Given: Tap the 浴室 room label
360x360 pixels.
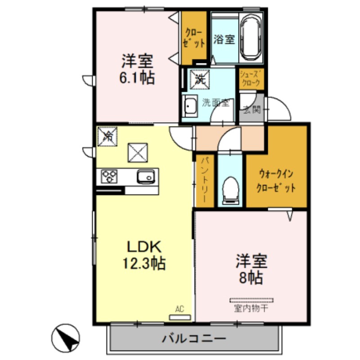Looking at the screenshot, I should pyautogui.click(x=224, y=39).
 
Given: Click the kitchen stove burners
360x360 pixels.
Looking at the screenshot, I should pyautogui.click(x=109, y=175).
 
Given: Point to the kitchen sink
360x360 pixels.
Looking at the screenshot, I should pyautogui.click(x=145, y=176).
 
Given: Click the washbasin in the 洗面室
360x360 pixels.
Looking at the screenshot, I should pyautogui.click(x=189, y=107).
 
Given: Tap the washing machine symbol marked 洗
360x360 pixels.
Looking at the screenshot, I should pyautogui.click(x=198, y=79).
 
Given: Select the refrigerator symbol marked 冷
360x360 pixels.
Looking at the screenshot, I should pyautogui.click(x=108, y=136).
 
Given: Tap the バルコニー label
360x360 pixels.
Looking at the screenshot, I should pyautogui.click(x=194, y=338).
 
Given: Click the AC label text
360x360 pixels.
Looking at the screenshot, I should pyautogui.click(x=180, y=309).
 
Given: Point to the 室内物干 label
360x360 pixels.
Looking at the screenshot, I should pyautogui.click(x=251, y=309).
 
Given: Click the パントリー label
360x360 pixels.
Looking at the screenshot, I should pyautogui.click(x=205, y=180).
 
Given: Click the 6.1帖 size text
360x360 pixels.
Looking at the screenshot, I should pyautogui.click(x=137, y=78).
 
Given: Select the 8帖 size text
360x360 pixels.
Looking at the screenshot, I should pyautogui.click(x=252, y=277).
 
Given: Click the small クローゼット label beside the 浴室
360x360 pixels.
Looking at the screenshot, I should pyautogui.click(x=194, y=39).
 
